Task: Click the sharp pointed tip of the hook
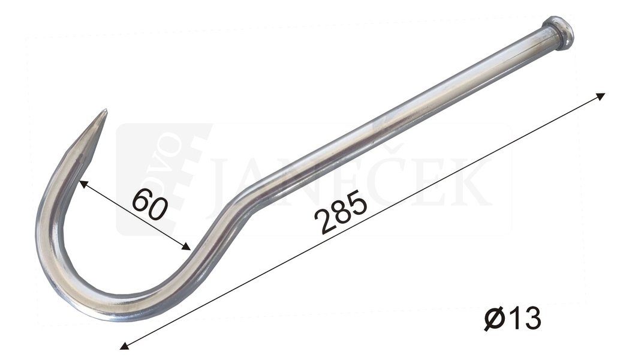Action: coord(106,110)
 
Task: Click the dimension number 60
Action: coord(149,205)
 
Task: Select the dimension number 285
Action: coord(341,213)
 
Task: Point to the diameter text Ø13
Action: coord(512,318)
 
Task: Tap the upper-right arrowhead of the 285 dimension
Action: coord(600,96)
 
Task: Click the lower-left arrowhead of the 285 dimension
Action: coord(125,345)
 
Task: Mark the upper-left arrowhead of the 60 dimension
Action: coord(83,184)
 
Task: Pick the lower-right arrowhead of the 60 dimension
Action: coord(186,247)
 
